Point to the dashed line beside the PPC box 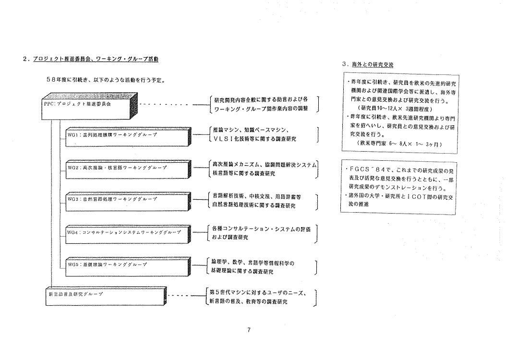(166, 103)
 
